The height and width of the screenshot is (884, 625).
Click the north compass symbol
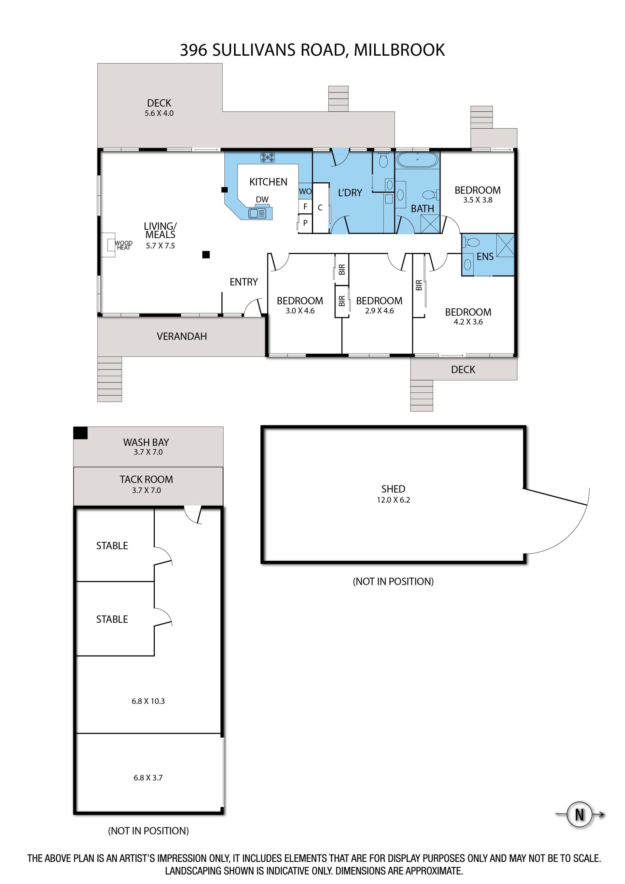[x=579, y=815]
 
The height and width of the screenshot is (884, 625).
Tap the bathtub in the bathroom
[x=417, y=160]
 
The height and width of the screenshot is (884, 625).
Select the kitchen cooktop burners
[x=268, y=157]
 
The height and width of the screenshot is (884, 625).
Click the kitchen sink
[x=257, y=213]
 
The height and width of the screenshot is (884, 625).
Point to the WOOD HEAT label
[x=124, y=245]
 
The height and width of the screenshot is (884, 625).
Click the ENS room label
[x=485, y=257]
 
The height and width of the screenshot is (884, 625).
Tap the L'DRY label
[x=350, y=192]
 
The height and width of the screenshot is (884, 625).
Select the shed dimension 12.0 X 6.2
[x=393, y=500]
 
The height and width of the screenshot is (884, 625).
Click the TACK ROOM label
[x=146, y=479]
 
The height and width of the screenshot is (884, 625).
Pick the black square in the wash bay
[x=80, y=433]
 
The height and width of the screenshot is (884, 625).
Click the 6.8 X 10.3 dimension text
[x=148, y=701]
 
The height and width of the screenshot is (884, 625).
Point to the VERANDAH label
[x=182, y=336]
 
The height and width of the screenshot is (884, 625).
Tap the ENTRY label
[x=243, y=282]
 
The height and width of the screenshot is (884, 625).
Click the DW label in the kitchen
[x=262, y=200]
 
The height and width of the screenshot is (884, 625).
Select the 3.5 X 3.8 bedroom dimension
[x=478, y=200]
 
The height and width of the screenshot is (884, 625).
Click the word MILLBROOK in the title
[x=399, y=50]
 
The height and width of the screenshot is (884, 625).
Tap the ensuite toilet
[x=471, y=243]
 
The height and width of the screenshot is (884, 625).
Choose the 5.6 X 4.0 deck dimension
[x=159, y=113]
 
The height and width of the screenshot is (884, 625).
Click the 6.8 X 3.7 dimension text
[x=148, y=778]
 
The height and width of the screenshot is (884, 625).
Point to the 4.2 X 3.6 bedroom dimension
[x=468, y=322]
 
